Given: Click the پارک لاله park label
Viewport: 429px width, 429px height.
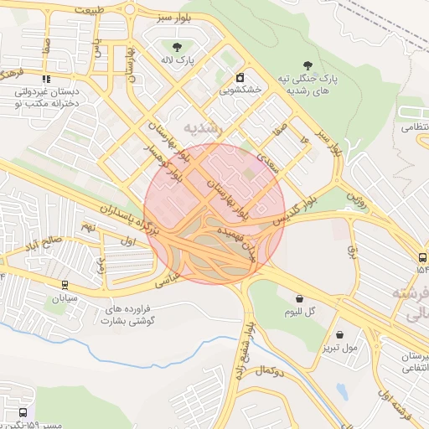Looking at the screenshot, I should point(177,61).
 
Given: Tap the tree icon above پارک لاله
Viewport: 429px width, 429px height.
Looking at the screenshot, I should point(177,47).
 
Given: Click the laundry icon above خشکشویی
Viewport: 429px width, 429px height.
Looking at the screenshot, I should point(240,73).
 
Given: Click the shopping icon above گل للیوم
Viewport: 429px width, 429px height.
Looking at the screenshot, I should point(299,297).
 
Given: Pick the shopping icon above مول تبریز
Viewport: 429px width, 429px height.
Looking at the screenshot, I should point(339,333).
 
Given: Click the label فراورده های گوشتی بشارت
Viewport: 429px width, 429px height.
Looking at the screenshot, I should point(118,314).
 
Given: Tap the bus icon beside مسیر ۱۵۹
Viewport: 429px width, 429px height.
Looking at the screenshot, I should point(22,412).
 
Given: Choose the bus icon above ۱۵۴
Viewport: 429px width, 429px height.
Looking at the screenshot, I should point(421,257).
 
